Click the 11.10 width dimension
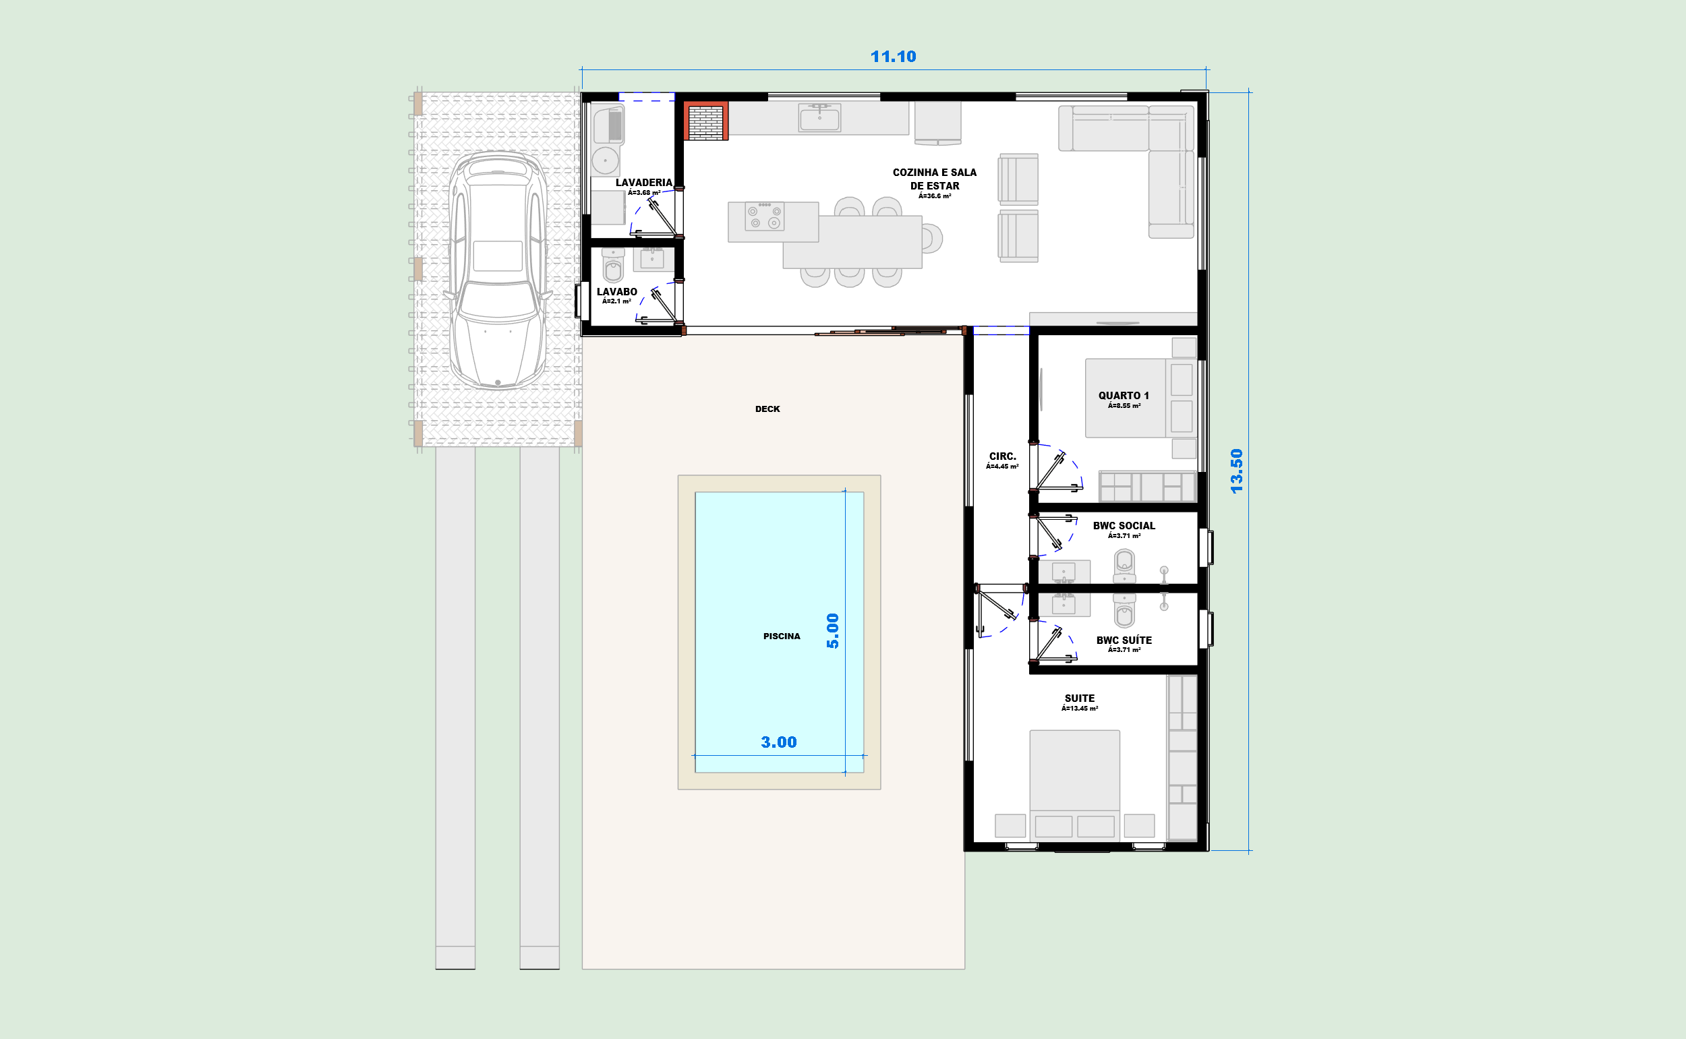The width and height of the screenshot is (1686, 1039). pyautogui.click(x=893, y=57)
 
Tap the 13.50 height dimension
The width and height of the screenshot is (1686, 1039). pyautogui.click(x=1236, y=471)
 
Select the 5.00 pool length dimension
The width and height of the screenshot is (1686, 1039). pyautogui.click(x=832, y=631)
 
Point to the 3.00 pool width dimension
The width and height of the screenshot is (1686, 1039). pyautogui.click(x=779, y=742)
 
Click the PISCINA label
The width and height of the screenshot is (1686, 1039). pyautogui.click(x=782, y=636)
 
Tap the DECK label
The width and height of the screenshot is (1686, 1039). pyautogui.click(x=767, y=409)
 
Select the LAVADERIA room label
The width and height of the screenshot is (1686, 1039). pyautogui.click(x=643, y=183)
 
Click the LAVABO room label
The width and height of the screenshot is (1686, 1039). pyautogui.click(x=616, y=292)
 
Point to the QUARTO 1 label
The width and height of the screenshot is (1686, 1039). pyautogui.click(x=1124, y=396)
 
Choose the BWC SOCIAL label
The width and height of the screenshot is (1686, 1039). pyautogui.click(x=1124, y=526)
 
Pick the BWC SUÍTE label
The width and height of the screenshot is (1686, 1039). pyautogui.click(x=1124, y=640)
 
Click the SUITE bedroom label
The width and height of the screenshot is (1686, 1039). pyautogui.click(x=1080, y=698)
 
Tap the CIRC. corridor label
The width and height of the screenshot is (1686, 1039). pyautogui.click(x=1002, y=456)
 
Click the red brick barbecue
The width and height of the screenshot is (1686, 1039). pyautogui.click(x=706, y=121)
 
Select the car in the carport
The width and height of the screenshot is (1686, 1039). pyautogui.click(x=498, y=270)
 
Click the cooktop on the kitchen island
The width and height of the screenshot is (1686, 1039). pyautogui.click(x=764, y=216)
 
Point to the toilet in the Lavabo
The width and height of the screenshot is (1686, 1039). pyautogui.click(x=613, y=265)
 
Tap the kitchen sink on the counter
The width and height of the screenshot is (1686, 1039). pyautogui.click(x=819, y=117)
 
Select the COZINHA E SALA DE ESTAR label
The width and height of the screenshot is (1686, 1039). pyautogui.click(x=934, y=179)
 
